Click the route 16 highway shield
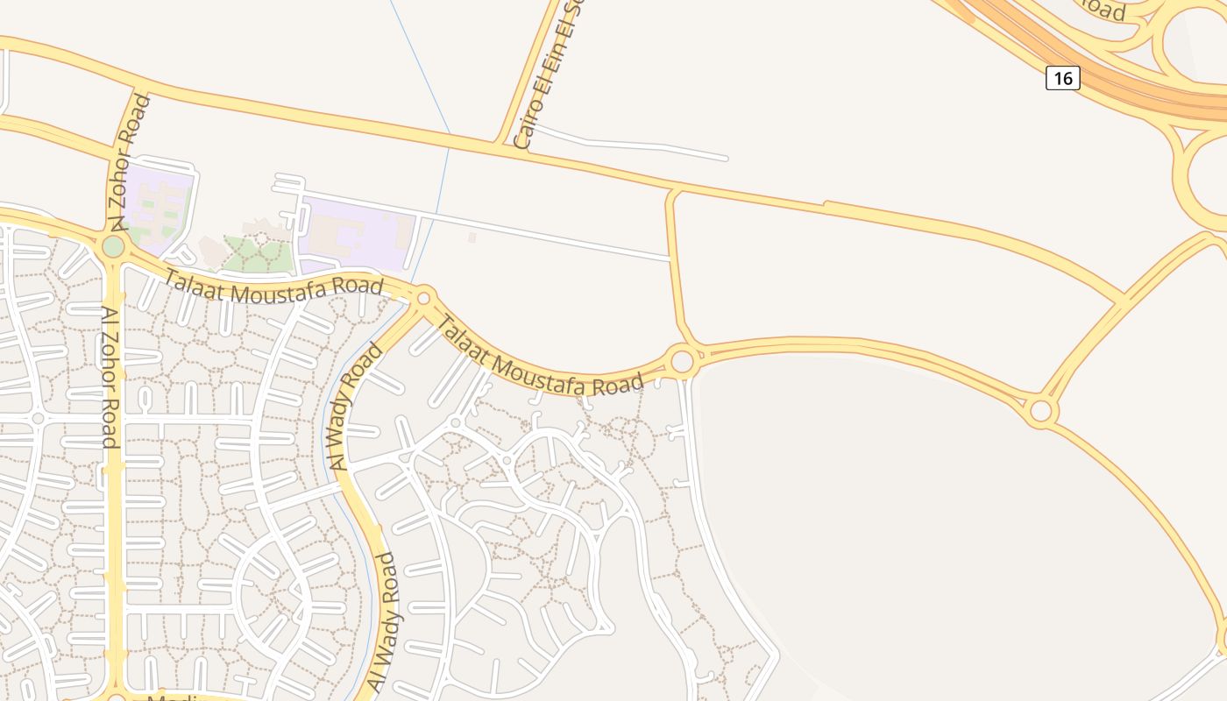(x=1062, y=78)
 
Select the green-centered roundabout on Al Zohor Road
(x=113, y=246)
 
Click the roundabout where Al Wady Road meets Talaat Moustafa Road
(x=424, y=298)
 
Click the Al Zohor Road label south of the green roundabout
(x=110, y=377)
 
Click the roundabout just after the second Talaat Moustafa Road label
(x=682, y=360)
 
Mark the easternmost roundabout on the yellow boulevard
(x=1040, y=410)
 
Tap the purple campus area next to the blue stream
(x=355, y=230)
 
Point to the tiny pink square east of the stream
(x=472, y=237)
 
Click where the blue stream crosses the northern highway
(x=450, y=135)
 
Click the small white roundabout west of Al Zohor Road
(x=38, y=419)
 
